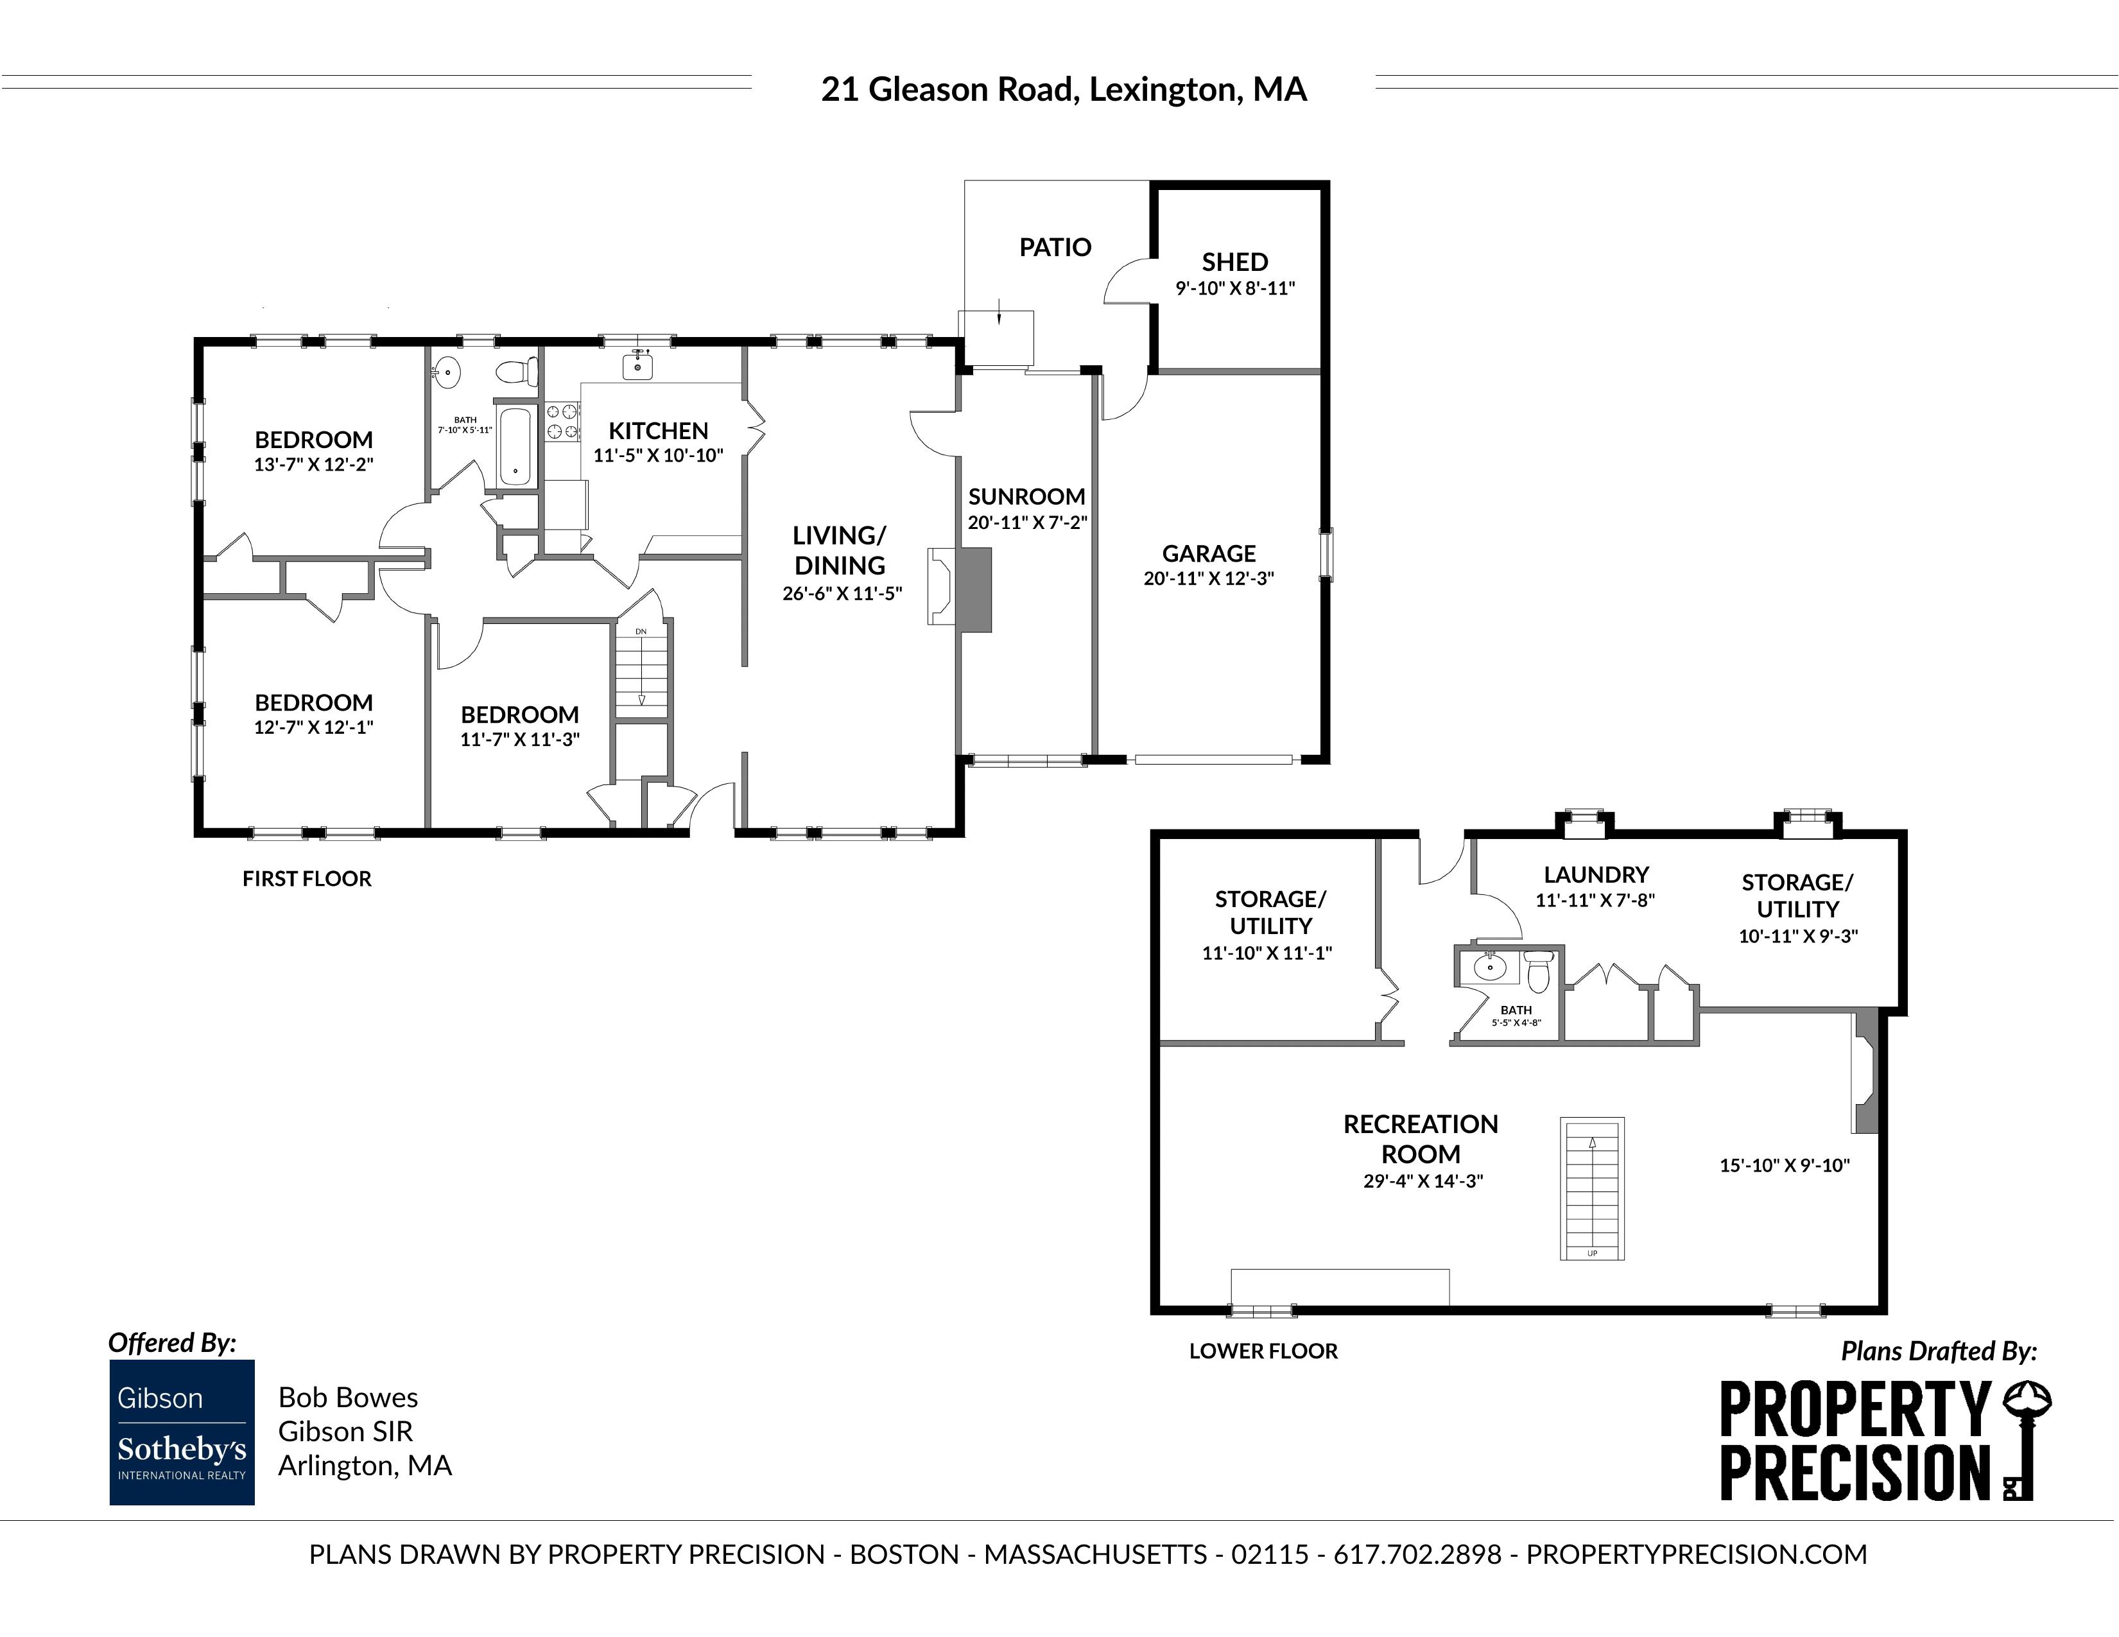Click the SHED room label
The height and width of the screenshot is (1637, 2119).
(1235, 262)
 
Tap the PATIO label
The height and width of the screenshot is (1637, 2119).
(1055, 247)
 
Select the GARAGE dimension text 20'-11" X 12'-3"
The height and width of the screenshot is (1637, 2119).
(1209, 578)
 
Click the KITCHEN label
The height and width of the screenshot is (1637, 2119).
(659, 431)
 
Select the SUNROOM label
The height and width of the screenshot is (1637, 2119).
(1026, 497)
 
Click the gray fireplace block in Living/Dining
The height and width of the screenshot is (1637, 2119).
(974, 590)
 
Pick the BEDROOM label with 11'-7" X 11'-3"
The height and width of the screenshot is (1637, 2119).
(520, 715)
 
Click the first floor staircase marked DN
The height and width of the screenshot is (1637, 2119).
(641, 670)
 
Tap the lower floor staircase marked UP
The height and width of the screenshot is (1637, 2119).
(1592, 1189)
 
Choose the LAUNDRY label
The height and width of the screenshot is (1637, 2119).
(1596, 875)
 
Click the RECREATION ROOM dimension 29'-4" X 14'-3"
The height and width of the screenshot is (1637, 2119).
(1423, 1182)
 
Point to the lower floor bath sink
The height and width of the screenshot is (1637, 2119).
(1489, 967)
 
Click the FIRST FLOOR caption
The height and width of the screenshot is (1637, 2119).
(307, 879)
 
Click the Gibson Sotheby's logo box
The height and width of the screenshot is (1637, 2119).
(182, 1432)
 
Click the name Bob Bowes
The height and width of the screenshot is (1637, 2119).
(349, 1398)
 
